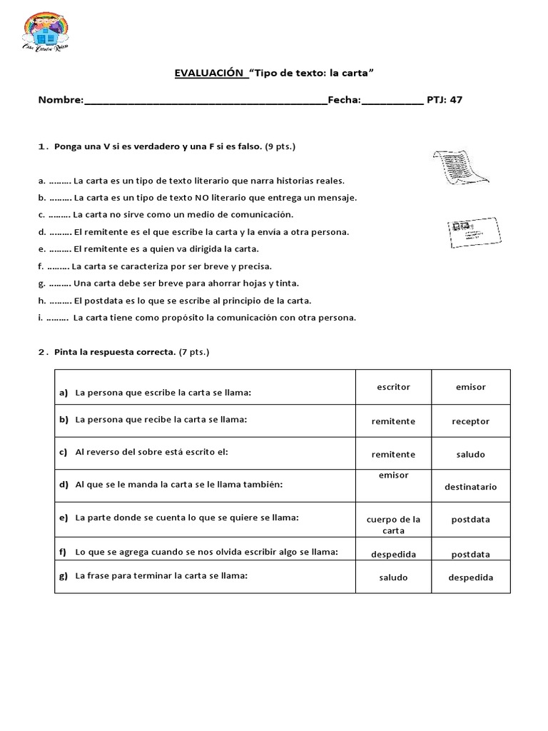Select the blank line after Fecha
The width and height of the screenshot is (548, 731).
point(392,101)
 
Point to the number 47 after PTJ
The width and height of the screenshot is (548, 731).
point(456,100)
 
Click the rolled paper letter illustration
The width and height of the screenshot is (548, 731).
point(458,168)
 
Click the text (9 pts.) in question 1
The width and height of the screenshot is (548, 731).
point(280,146)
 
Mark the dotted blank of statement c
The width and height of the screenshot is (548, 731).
point(60,215)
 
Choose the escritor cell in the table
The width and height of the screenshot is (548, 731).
point(393,387)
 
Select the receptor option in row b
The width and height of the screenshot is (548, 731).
point(470,421)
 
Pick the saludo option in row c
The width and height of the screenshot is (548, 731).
point(470,454)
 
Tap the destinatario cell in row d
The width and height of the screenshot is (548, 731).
point(470,487)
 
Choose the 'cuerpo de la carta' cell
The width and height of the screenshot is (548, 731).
point(393,525)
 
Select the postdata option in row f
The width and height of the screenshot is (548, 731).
point(470,554)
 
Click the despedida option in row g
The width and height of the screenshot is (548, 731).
point(470,578)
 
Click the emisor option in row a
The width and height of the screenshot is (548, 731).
point(470,387)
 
